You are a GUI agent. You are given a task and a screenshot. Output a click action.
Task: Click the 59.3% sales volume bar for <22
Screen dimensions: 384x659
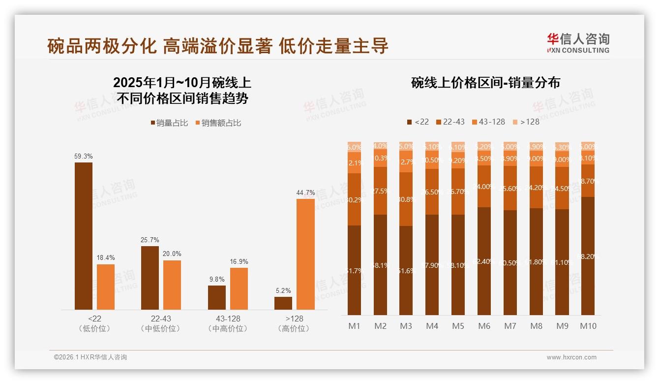point(84,236)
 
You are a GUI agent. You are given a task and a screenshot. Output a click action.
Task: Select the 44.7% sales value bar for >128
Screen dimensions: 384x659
point(305,254)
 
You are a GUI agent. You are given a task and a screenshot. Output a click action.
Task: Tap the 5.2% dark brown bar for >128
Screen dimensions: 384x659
point(283,303)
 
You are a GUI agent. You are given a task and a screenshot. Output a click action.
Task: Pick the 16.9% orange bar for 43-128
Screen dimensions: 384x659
point(239,288)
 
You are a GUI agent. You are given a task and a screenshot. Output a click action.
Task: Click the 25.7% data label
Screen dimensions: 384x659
point(150,240)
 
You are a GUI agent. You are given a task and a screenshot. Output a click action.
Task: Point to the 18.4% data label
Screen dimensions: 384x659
point(106,258)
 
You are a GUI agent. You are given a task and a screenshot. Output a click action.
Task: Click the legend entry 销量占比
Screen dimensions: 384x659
point(169,123)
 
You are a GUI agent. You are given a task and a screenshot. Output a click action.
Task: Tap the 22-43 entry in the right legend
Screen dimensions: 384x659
point(449,122)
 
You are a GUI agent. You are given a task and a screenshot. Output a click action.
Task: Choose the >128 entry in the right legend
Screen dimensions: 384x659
point(526,122)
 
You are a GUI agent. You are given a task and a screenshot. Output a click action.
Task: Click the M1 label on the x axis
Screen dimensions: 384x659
point(355,326)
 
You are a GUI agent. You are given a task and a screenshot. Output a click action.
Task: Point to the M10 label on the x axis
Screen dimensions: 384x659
point(588,326)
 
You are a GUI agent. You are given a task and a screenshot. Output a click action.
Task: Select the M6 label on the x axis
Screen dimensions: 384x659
point(484,326)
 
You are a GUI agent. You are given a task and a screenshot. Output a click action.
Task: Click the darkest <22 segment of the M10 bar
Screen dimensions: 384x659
point(588,256)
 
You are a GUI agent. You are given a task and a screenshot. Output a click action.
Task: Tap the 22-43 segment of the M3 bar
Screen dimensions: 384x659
point(406,199)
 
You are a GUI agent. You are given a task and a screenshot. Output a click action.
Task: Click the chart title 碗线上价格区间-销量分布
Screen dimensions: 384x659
point(485,83)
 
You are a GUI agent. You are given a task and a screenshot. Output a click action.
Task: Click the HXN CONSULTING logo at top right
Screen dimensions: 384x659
point(578,43)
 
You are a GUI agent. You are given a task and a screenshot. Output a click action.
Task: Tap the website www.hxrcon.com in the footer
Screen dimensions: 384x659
point(571,357)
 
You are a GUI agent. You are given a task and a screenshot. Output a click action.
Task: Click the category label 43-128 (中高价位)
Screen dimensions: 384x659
point(227,323)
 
